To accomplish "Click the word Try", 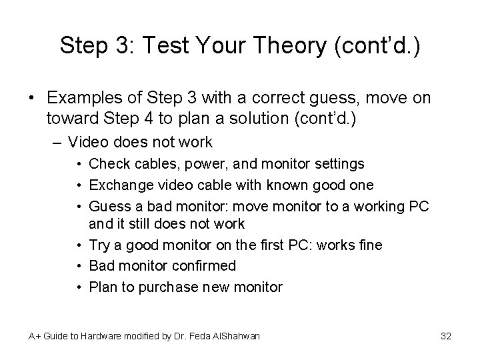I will coord(99,245).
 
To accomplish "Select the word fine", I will coord(369,245).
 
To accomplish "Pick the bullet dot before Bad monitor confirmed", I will coord(79,265).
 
